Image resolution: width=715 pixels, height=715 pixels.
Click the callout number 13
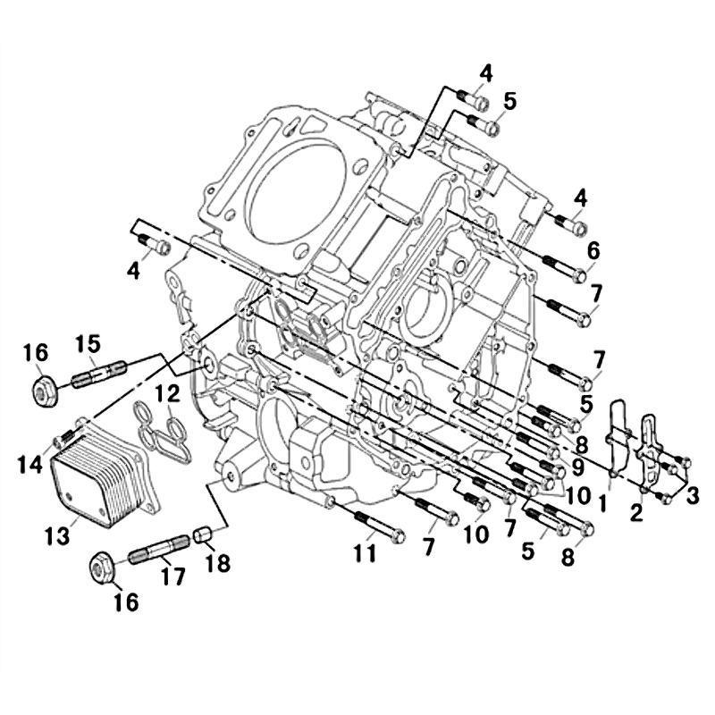(x=57, y=534)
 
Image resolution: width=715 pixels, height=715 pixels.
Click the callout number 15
(x=88, y=345)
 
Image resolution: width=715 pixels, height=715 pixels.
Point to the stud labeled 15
(x=98, y=374)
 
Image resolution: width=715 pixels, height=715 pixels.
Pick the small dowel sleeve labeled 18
(x=204, y=534)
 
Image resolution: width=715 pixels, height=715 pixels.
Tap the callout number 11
(x=366, y=553)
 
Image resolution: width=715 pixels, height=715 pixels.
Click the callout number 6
(x=593, y=250)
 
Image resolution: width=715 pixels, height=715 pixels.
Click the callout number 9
(x=577, y=467)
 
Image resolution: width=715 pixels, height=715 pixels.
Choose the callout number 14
(x=30, y=464)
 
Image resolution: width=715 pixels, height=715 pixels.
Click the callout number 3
(x=692, y=496)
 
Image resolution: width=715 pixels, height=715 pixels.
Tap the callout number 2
(x=635, y=512)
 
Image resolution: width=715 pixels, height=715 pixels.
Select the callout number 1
(x=602, y=503)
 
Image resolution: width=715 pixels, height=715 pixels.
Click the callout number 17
(x=173, y=576)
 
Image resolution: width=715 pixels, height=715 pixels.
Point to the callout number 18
(x=217, y=563)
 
